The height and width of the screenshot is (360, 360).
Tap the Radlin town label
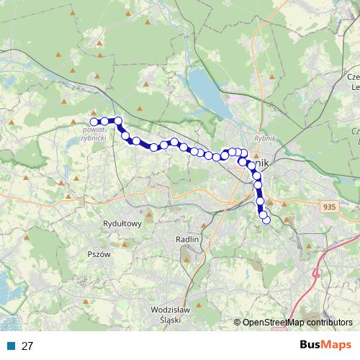186,238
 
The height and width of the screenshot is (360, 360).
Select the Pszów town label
98,254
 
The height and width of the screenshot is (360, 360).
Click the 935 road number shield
330,207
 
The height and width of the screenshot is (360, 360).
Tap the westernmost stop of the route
94,122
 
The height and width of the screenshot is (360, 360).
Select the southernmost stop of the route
266,220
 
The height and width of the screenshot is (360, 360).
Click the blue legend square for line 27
11,346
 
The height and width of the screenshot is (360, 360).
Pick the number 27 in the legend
27,346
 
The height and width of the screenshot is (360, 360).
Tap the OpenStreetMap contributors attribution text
297,323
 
